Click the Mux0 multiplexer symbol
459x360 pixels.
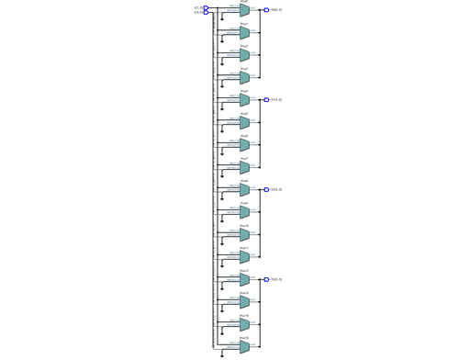click(x=244, y=10)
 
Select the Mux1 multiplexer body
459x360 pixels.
click(x=244, y=33)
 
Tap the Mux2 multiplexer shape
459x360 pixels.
click(x=244, y=55)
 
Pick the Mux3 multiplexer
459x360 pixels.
click(x=244, y=78)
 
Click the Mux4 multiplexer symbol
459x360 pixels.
click(x=244, y=100)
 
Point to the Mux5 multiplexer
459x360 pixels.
click(x=244, y=123)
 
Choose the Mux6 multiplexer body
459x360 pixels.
click(x=244, y=145)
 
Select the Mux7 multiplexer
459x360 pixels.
click(x=244, y=168)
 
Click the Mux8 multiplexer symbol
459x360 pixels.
click(x=244, y=190)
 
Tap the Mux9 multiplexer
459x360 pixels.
click(x=244, y=212)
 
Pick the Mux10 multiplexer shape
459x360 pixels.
click(x=244, y=235)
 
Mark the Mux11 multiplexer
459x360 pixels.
click(x=244, y=257)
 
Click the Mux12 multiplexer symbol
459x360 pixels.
click(x=244, y=280)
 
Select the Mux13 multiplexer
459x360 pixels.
click(x=244, y=302)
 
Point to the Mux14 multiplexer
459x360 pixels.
click(x=244, y=325)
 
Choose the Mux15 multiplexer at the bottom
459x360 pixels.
click(x=244, y=347)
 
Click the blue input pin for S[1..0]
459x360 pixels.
click(x=207, y=8)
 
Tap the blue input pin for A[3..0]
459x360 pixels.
click(x=207, y=13)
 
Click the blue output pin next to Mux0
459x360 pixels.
click(x=266, y=10)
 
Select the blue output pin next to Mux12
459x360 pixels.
click(x=266, y=280)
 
